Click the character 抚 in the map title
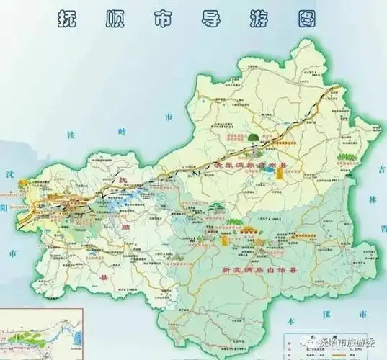[x=69, y=20]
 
